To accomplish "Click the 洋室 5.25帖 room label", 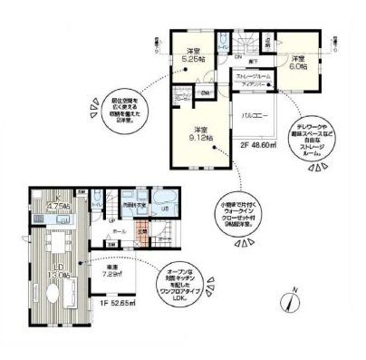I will pos(192,55).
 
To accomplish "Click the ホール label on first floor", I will pos(119,232).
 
